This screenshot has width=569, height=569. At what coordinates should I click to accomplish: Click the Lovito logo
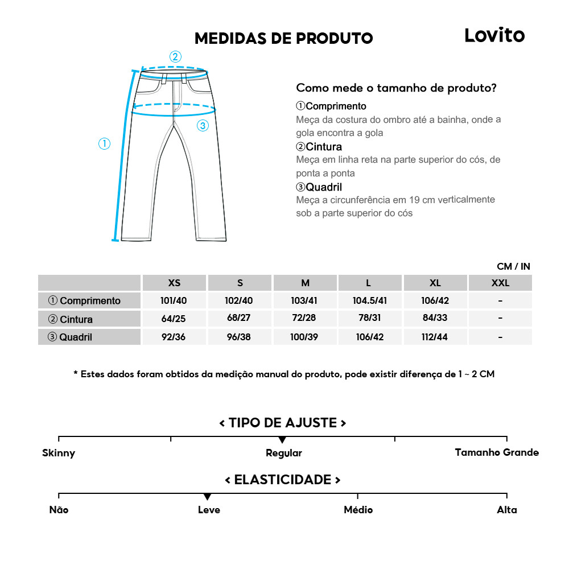point(494,35)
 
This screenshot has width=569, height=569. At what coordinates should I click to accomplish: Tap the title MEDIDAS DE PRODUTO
point(283,39)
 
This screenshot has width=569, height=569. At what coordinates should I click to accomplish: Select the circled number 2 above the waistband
point(175,56)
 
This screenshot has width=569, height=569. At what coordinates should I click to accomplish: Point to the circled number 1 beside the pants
point(104,144)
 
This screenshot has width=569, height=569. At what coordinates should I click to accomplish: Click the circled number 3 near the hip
point(203,126)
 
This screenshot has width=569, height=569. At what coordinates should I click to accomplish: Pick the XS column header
point(174,283)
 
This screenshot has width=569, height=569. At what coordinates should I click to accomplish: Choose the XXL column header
point(500,283)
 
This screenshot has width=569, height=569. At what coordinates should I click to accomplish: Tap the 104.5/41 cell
point(370,300)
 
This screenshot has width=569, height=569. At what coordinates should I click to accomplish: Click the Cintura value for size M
point(305,319)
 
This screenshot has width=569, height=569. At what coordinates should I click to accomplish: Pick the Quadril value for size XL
point(435,337)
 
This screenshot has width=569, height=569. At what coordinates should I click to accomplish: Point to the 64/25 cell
point(174,319)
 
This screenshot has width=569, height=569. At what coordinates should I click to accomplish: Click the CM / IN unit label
point(513,266)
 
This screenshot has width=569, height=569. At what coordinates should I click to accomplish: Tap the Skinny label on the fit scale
point(59,453)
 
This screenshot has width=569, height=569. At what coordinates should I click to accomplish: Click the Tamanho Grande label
point(497,453)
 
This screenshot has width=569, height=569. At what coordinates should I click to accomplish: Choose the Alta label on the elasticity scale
point(506,510)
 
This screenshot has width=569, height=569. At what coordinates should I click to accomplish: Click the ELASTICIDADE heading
point(283,480)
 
